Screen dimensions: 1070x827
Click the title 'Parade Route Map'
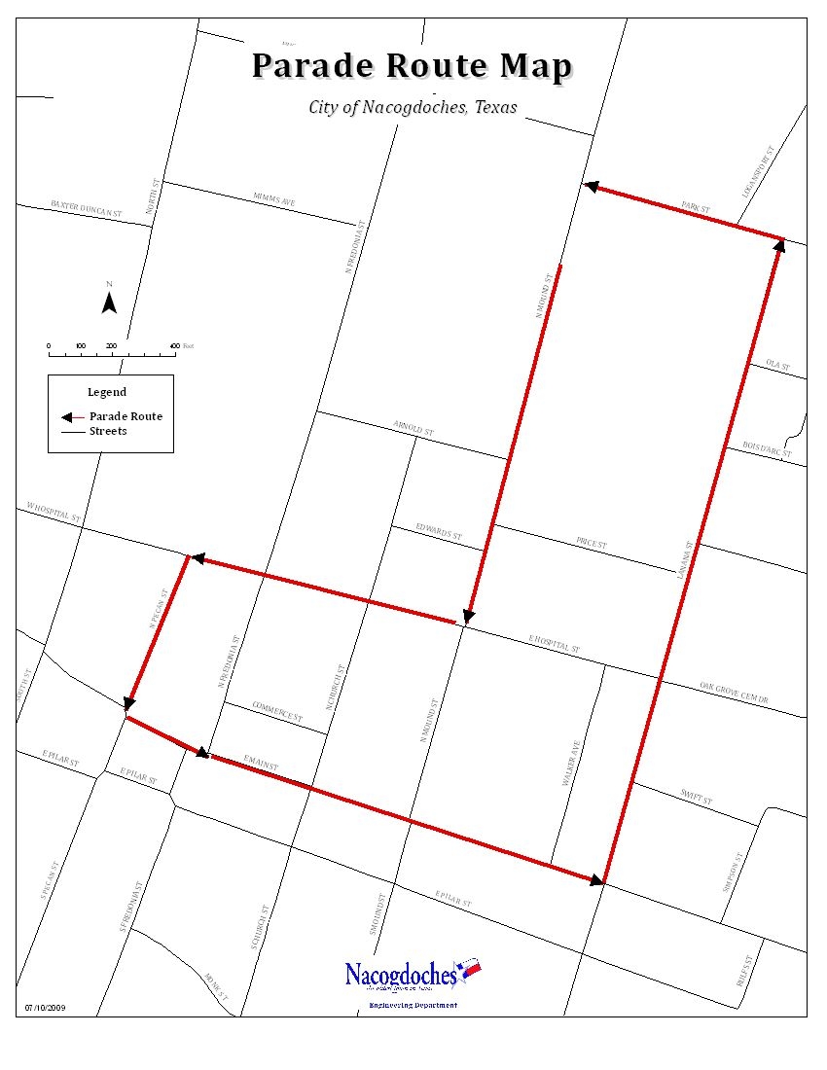413,66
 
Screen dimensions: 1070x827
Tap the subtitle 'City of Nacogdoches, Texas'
413,107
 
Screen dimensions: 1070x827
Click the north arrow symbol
110,302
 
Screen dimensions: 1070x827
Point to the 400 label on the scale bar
174,345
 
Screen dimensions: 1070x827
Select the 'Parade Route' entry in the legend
126,416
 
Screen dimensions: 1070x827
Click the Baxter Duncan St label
87,207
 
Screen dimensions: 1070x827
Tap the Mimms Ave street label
274,198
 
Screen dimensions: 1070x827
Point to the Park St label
696,208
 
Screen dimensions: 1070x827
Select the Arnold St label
413,428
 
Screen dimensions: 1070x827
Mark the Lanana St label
684,561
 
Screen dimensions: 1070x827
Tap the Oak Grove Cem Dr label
734,693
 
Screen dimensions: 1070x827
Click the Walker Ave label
573,764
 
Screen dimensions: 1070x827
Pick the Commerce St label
277,711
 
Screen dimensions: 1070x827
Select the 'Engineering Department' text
412,1005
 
